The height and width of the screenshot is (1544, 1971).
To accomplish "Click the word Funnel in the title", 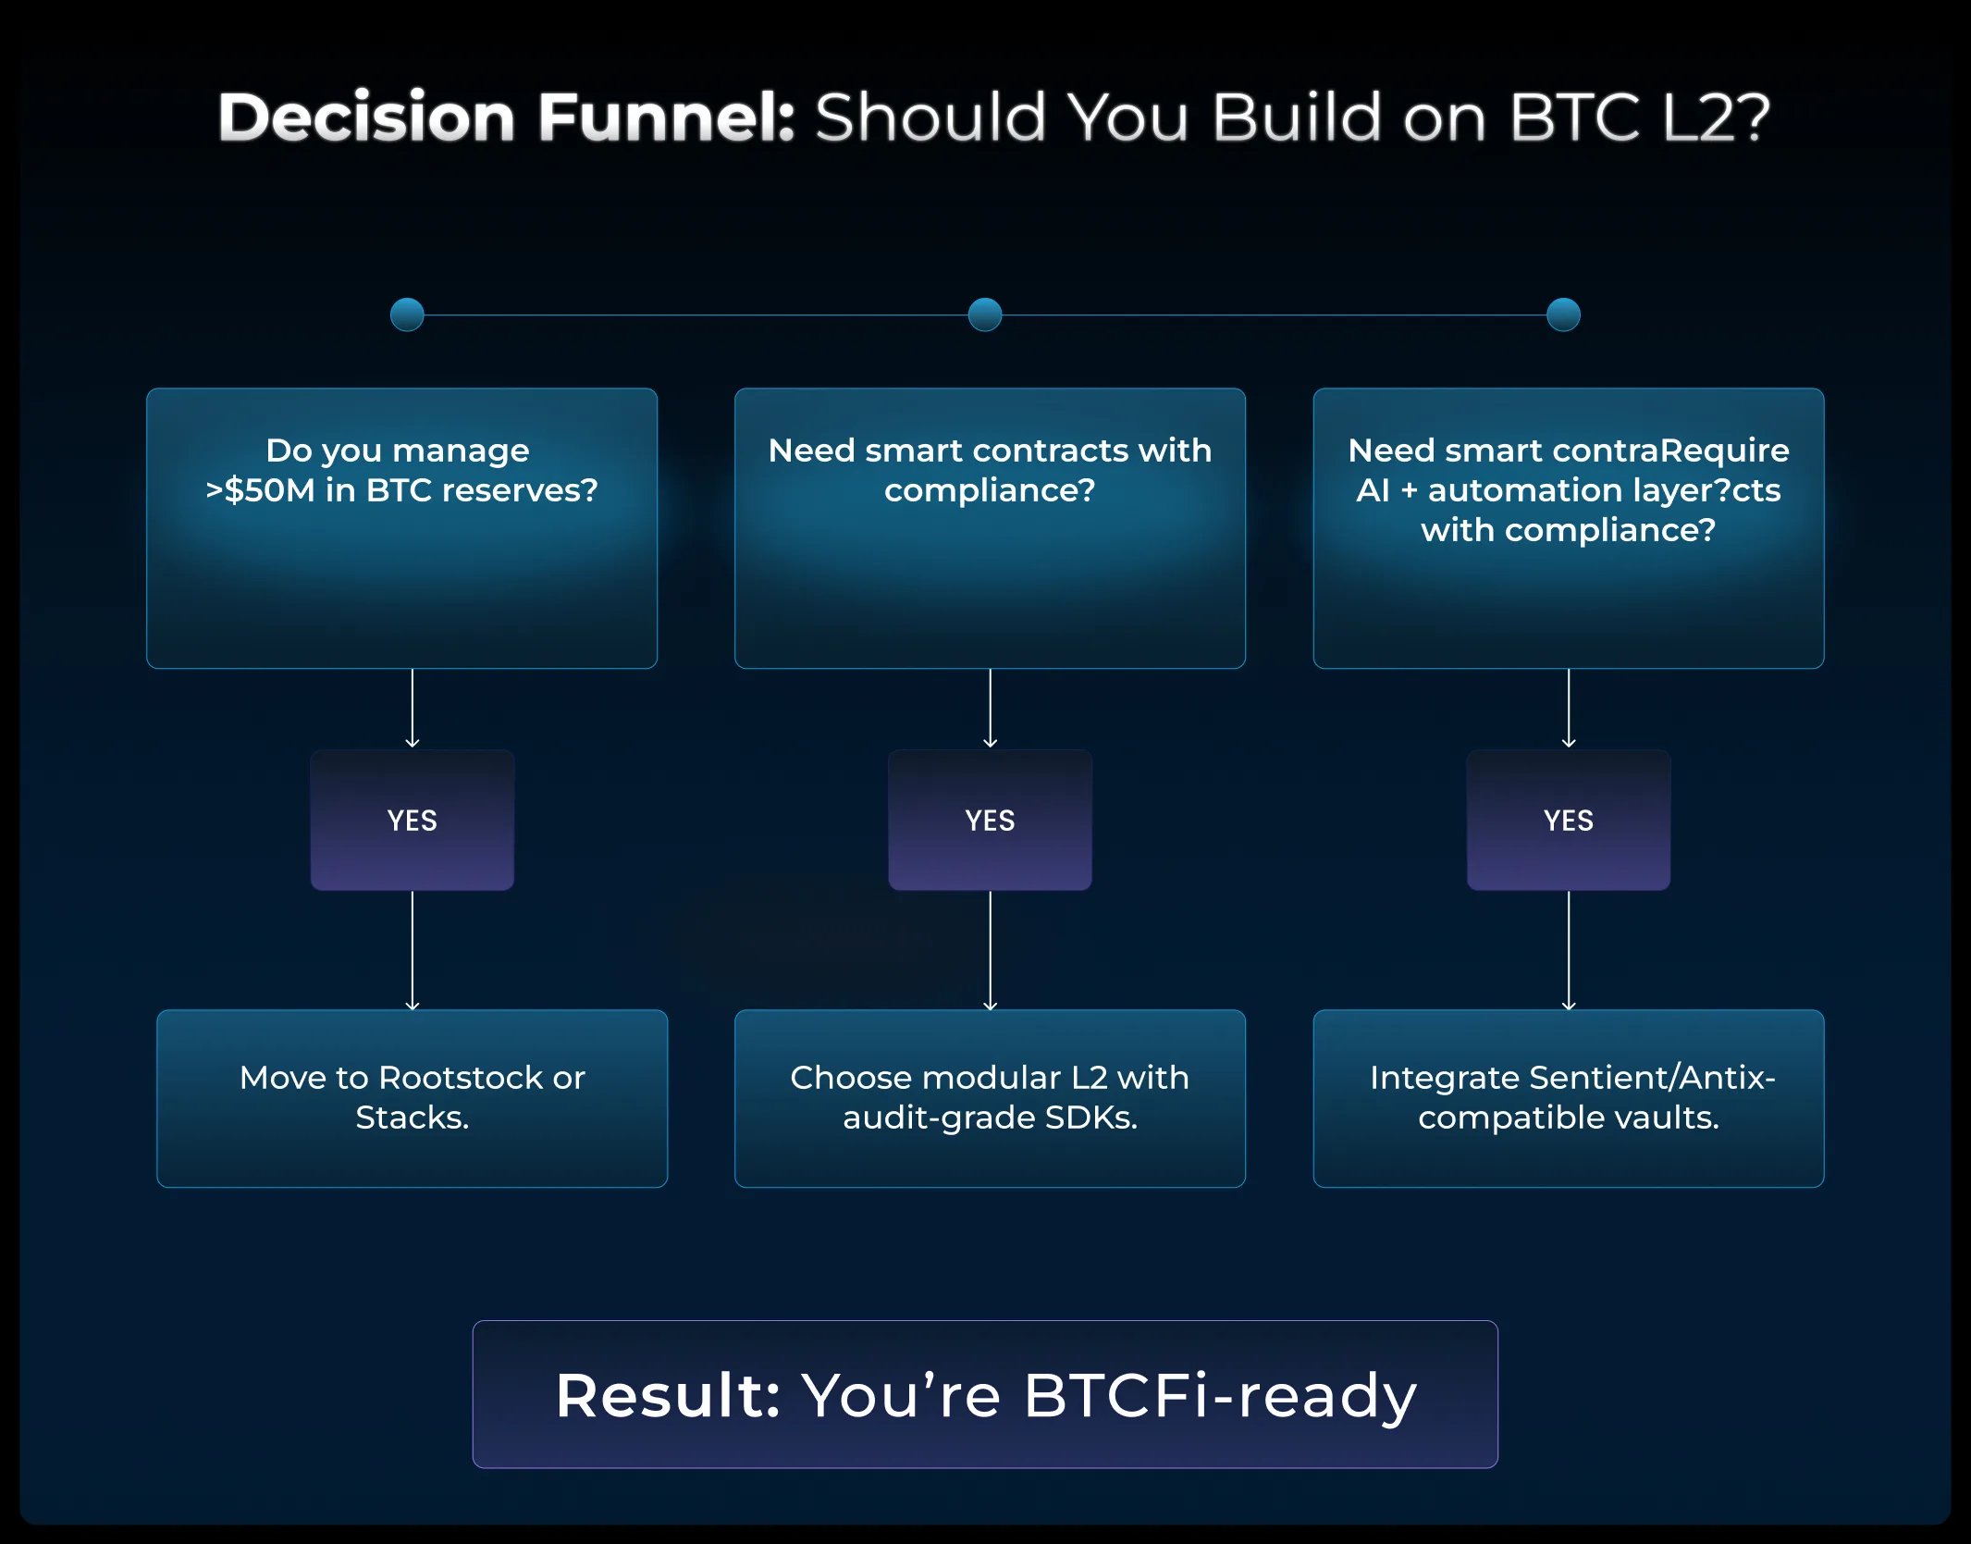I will click(x=665, y=117).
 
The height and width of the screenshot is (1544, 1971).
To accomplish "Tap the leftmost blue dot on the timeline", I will click(x=407, y=315).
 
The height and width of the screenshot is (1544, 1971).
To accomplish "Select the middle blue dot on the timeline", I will click(x=985, y=315).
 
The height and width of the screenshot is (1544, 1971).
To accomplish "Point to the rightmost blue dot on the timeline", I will click(x=1563, y=315).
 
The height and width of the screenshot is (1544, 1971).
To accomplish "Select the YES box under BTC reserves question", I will click(x=413, y=821).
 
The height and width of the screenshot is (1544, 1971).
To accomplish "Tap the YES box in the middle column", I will click(x=990, y=821).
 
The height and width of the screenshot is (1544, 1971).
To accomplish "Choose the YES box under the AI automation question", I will click(x=1569, y=821).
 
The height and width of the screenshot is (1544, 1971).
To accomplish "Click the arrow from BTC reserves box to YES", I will click(x=413, y=709).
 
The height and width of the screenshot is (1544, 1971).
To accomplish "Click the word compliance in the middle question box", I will click(x=980, y=490).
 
